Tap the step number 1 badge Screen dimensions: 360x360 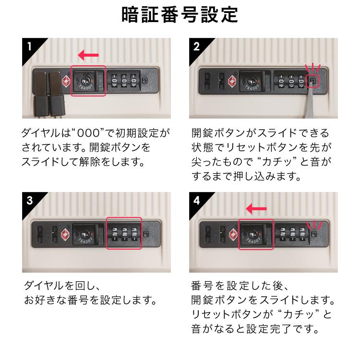(30, 47)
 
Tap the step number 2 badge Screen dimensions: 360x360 (196, 47)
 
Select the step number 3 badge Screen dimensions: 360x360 (30, 201)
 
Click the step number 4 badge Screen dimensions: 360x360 (196, 201)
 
